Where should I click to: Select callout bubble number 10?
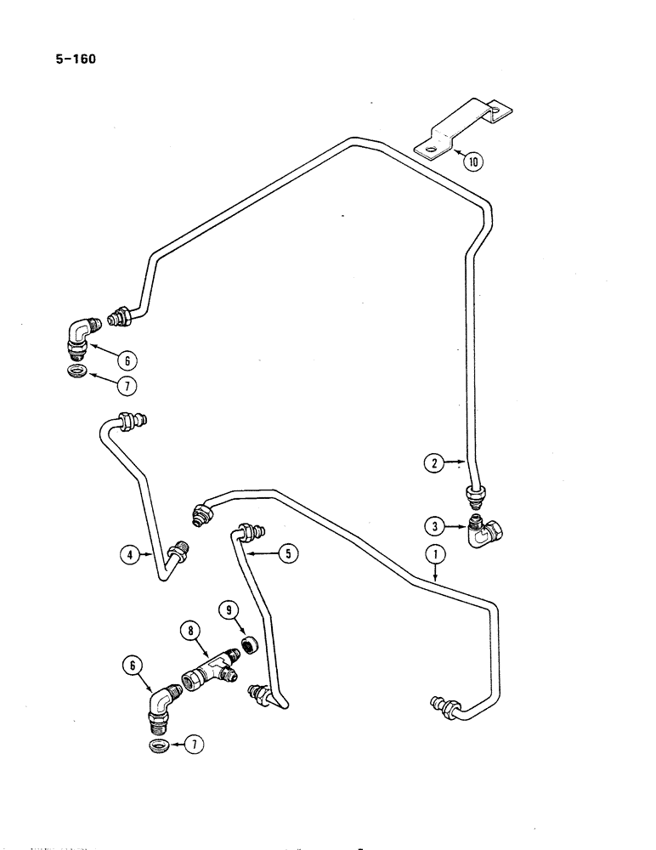tap(472, 159)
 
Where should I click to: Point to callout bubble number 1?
tap(436, 556)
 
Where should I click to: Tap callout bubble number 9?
tap(229, 609)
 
